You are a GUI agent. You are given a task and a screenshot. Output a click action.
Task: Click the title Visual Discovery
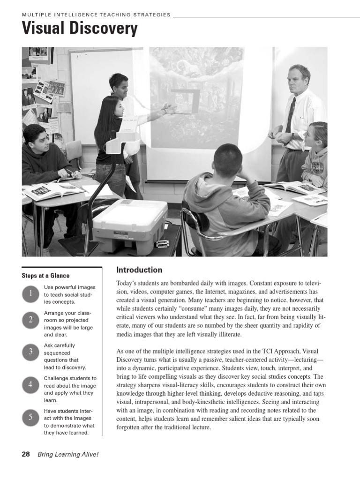(x=80, y=29)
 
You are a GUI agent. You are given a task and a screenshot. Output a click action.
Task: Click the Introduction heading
(x=139, y=270)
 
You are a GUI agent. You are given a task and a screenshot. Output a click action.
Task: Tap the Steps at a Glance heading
(x=45, y=276)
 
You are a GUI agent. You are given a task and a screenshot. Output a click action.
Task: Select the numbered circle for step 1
(x=30, y=294)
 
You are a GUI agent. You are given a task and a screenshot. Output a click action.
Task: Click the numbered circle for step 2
(x=30, y=320)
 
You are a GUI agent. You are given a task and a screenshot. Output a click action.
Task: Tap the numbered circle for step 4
(x=30, y=385)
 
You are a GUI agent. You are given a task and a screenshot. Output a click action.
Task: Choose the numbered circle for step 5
(x=30, y=418)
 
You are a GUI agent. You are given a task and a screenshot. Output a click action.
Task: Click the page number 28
(x=26, y=454)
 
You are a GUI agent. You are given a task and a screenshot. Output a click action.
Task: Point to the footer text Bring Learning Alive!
(x=68, y=454)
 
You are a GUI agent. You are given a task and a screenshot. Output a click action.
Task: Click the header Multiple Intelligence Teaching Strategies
(x=96, y=15)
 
